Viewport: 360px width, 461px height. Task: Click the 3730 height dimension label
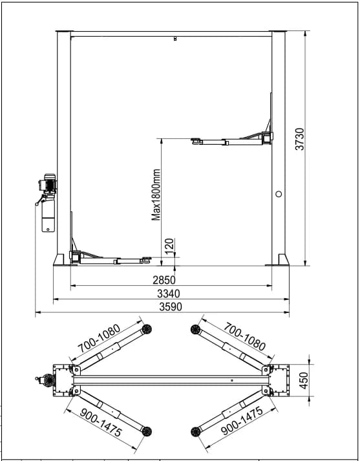point(299,140)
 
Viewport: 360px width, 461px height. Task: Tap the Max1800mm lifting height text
point(156,195)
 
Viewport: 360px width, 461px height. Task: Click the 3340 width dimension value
point(167,294)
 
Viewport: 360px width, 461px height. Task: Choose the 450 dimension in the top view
point(304,380)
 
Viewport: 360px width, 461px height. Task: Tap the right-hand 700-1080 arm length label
point(244,337)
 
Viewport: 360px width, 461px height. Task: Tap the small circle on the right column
point(279,193)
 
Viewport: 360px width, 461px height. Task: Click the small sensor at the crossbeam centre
point(175,40)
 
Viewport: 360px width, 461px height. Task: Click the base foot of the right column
point(279,260)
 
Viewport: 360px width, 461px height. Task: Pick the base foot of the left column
point(59,260)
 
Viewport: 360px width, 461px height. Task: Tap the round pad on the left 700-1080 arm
point(147,330)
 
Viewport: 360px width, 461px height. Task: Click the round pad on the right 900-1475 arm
point(195,431)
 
